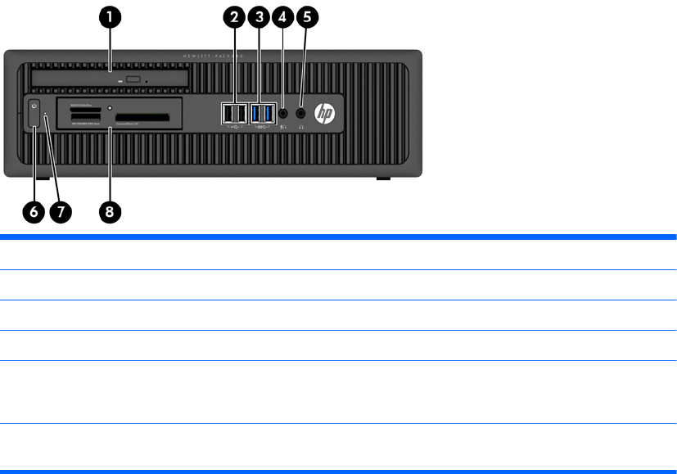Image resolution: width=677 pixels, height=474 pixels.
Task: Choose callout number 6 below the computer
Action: (34, 210)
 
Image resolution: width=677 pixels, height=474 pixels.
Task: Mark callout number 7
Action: (60, 210)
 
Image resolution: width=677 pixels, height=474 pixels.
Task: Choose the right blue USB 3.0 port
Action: (267, 113)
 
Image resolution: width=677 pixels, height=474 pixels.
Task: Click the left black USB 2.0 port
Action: (228, 113)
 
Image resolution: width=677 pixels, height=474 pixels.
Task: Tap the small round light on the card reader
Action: (110, 107)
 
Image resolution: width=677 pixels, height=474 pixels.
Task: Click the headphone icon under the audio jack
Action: (302, 126)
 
